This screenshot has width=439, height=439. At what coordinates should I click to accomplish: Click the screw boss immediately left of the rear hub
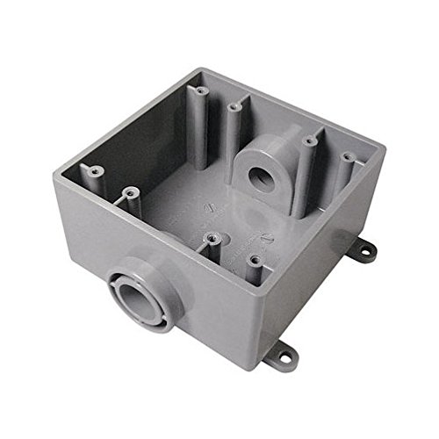pos(234,110)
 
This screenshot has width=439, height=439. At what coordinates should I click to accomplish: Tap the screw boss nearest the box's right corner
pos(348,159)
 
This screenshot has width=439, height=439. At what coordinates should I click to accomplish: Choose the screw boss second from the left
pos(131,191)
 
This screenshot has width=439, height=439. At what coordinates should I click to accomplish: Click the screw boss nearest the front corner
pos(253,261)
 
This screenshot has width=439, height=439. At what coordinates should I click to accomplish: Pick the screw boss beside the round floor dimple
pos(211,237)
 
